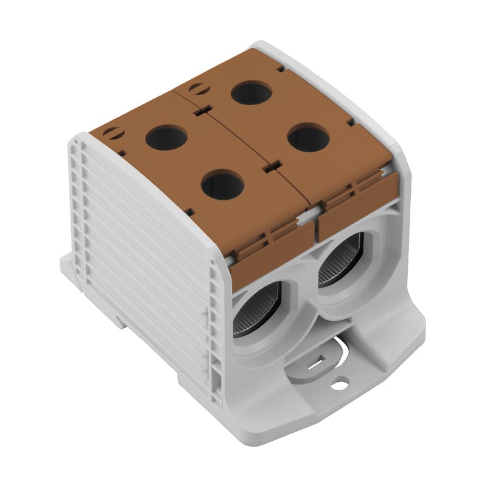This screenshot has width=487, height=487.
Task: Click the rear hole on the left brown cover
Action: (166, 138)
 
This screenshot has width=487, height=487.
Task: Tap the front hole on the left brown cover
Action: (222, 185)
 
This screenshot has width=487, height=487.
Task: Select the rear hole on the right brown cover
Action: (251, 93)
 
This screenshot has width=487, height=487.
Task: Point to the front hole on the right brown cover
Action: (308, 138)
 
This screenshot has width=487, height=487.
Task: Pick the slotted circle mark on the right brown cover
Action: (199, 89)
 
